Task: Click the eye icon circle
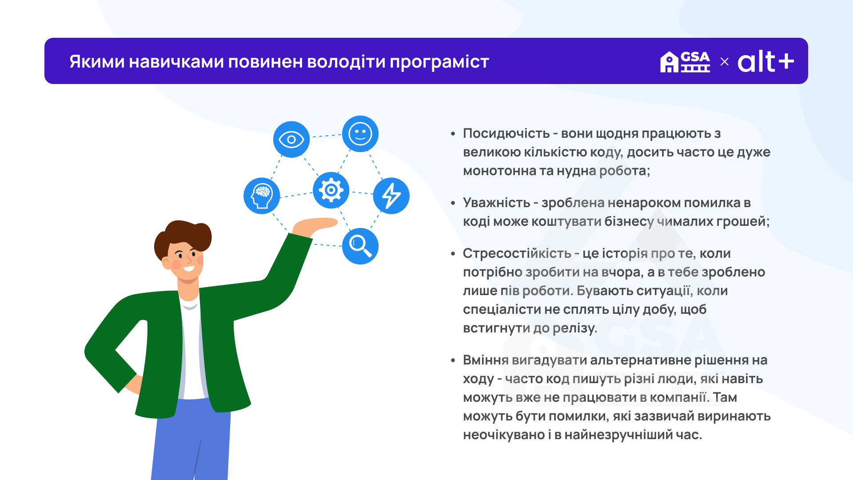[x=291, y=140]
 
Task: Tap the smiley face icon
[x=360, y=134]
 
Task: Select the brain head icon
[x=262, y=196]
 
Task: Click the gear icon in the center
[x=331, y=190]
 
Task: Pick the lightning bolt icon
[x=391, y=196]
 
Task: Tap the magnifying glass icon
[x=360, y=246]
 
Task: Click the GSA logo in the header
[x=685, y=62]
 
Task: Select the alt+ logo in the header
[x=766, y=61]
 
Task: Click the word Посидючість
[x=506, y=133]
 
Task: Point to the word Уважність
[x=497, y=203]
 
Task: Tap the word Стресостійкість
[x=517, y=253]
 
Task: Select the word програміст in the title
[x=439, y=62]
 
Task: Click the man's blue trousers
[x=191, y=440]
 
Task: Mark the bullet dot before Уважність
[x=453, y=203]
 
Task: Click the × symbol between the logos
[x=725, y=62]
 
